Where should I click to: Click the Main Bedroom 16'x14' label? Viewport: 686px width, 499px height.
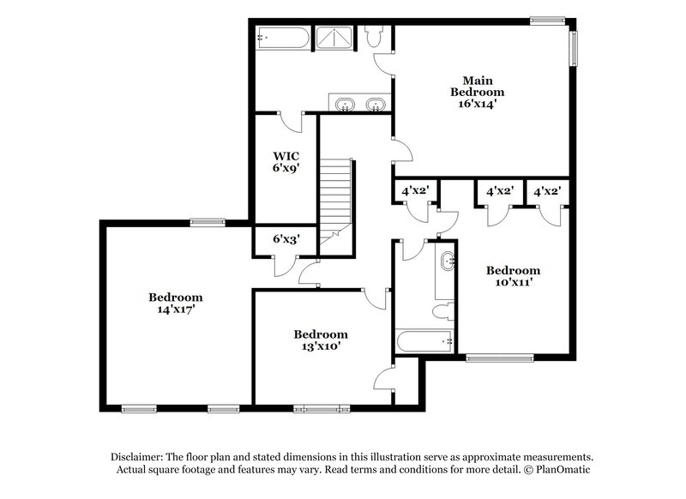coord(478,93)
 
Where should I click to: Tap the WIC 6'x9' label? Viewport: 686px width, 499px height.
coord(286,162)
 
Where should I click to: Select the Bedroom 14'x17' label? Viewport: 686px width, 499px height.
coord(176,304)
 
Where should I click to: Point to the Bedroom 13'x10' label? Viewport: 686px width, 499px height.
coord(321,340)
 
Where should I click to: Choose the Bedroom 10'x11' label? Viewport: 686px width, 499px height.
coord(513,276)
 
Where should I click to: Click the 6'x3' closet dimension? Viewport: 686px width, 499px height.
coord(286,239)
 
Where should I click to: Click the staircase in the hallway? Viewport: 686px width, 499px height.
coord(335,202)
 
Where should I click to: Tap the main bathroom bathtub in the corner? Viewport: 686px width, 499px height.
coord(283,39)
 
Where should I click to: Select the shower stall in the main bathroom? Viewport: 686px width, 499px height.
coord(334,38)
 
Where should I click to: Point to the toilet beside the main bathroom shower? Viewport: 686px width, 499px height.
coord(374,36)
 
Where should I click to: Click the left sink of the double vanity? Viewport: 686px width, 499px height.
coord(346,105)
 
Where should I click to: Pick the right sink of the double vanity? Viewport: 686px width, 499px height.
coord(376,105)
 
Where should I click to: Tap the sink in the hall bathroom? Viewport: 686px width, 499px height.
coord(447,262)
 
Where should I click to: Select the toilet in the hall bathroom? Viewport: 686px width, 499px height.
coord(443,311)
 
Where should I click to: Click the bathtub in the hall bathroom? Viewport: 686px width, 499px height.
coord(424,341)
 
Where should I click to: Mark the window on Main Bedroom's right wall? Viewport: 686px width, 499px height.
coord(573,48)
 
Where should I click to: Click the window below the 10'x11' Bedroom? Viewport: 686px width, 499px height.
coord(500,358)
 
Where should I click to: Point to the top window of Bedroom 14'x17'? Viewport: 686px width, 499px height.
coord(208,223)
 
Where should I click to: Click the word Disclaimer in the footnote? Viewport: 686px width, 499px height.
coord(137,458)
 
